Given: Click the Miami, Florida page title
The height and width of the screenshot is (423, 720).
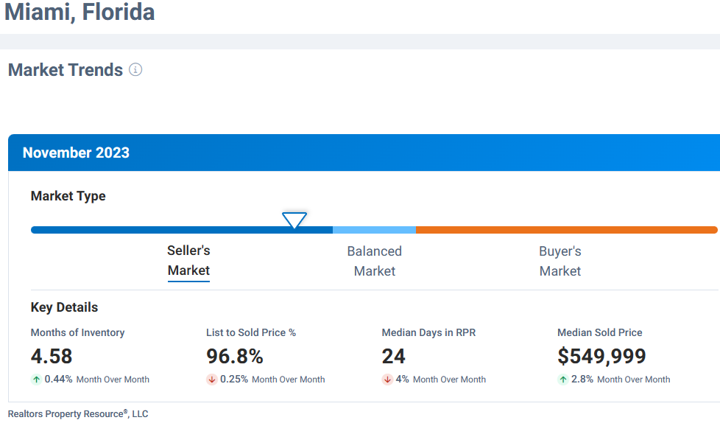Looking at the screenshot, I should click(80, 13).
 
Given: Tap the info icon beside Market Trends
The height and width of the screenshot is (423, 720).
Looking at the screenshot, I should click(135, 69).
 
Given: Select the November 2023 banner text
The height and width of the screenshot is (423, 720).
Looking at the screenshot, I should click(76, 153).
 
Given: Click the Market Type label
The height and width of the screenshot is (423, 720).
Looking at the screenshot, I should click(68, 196).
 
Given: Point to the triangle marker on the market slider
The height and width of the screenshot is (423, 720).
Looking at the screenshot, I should click(294, 220).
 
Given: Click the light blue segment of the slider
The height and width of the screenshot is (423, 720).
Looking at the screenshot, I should click(374, 230).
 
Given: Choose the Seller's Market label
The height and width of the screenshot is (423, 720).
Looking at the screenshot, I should click(188, 261).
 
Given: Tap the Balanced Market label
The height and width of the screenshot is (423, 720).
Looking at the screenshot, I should click(374, 261).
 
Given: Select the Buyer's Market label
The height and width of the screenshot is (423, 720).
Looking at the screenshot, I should click(560, 261).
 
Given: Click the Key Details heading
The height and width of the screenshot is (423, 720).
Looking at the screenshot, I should click(64, 307).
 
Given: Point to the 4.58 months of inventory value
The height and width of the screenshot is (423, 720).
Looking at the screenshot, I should click(52, 357).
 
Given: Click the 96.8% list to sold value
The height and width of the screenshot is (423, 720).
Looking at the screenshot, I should click(234, 357).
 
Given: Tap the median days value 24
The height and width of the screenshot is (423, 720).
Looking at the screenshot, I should click(393, 357).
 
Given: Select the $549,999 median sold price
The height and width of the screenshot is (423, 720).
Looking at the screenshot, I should click(601, 357).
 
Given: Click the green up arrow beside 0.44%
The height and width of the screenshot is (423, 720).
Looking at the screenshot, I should click(36, 380).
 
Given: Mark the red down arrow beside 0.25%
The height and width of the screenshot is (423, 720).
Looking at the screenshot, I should click(211, 380).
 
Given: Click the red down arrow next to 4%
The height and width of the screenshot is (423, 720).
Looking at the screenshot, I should click(387, 380).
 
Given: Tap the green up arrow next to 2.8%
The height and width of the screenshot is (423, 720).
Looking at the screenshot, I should click(563, 380).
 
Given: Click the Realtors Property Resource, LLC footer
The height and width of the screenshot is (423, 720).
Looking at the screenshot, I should click(78, 414).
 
